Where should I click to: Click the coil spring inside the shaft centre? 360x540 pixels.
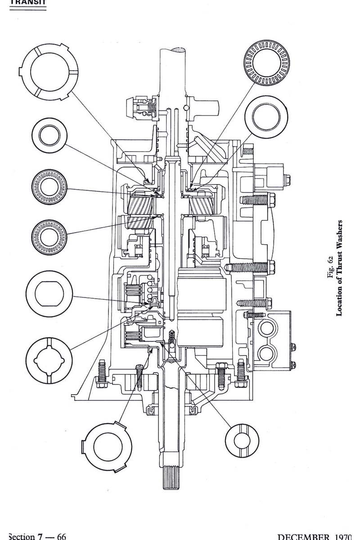point(171,337)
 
